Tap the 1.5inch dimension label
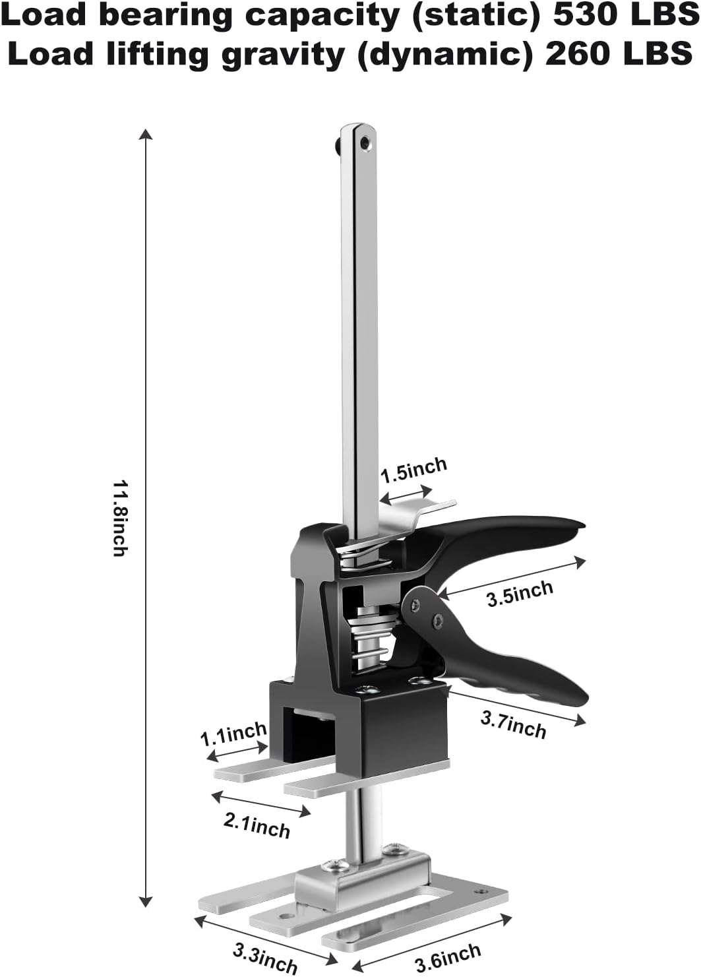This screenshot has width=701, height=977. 414,470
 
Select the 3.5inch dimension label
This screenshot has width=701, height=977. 520,594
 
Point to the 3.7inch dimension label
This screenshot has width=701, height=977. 513,724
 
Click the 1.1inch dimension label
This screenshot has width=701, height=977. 233,733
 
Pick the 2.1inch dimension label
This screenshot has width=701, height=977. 257,825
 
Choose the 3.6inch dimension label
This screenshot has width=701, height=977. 448,958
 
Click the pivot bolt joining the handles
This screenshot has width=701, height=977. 437,619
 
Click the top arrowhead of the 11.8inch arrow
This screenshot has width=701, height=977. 146,135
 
